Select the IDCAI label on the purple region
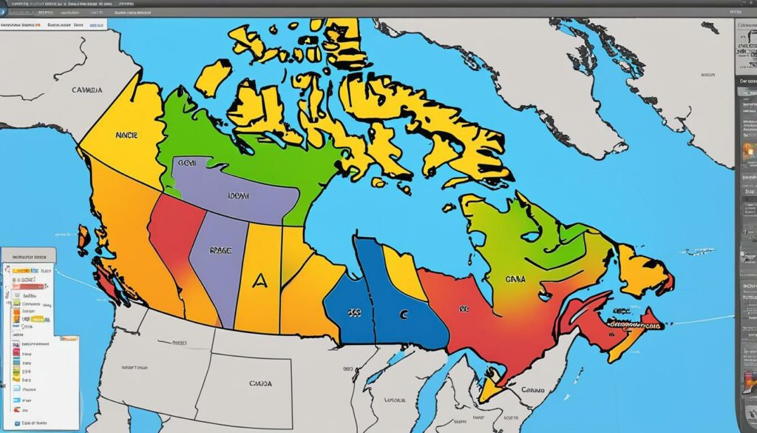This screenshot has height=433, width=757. pyautogui.click(x=238, y=198)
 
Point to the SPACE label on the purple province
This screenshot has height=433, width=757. pyautogui.click(x=222, y=251)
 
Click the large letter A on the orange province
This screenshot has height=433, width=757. pyautogui.click(x=259, y=280)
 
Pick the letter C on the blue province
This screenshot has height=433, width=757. pyautogui.click(x=403, y=314)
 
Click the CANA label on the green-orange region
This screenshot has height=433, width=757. pyautogui.click(x=515, y=280)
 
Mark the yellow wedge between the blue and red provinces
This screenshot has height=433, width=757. pyautogui.click(x=404, y=270)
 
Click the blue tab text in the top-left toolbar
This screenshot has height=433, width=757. pyautogui.click(x=96, y=24)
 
